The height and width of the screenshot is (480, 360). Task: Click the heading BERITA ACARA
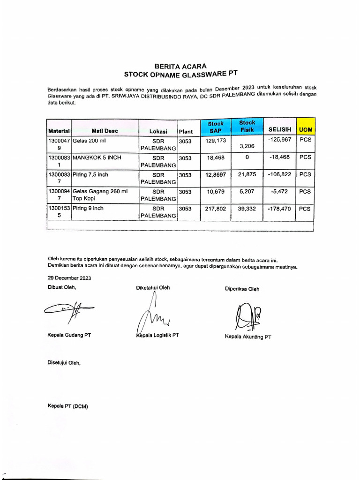pos(180,66)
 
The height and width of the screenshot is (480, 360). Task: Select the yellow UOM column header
pos(305,129)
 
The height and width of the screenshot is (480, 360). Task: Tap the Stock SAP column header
pos(216,127)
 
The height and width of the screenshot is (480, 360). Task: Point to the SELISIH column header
pos(279,129)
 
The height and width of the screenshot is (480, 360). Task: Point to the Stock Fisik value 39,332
pos(247,209)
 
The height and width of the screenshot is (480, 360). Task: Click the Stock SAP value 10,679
pos(216,192)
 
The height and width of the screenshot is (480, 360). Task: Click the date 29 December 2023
pos(69,277)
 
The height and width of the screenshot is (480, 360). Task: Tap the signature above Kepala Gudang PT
pos(68,310)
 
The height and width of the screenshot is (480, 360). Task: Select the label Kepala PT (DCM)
pos(67,406)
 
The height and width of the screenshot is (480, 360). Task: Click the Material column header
pos(59,131)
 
